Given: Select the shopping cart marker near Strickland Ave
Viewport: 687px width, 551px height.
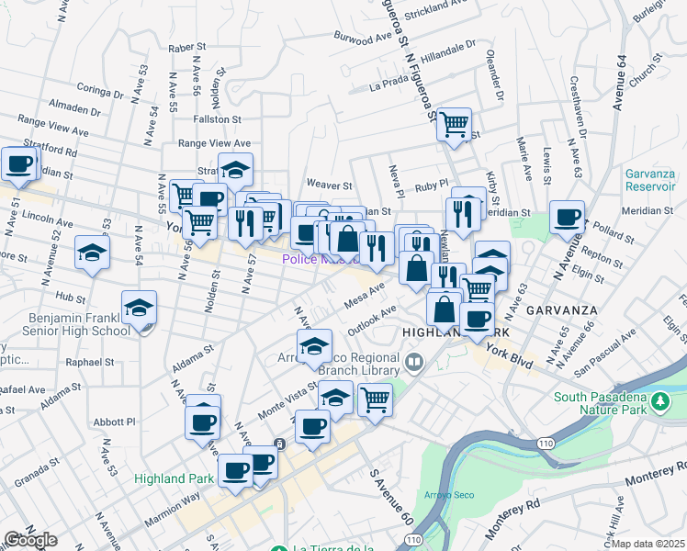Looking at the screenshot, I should coord(454,123).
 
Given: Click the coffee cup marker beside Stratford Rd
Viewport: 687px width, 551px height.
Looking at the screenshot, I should coord(18,165).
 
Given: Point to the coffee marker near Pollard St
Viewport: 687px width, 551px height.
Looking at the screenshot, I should coord(567,218).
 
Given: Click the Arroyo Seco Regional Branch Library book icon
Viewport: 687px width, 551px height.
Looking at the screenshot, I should coord(414,361).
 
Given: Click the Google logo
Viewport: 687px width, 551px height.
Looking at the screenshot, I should coord(29,541).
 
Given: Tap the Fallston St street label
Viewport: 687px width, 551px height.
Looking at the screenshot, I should coord(216,119).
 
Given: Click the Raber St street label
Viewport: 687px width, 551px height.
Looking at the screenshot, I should coord(186,47).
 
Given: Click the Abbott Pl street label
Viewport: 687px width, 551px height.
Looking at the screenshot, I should coord(115,422).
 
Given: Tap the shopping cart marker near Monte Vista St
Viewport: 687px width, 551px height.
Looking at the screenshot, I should coord(375,399).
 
